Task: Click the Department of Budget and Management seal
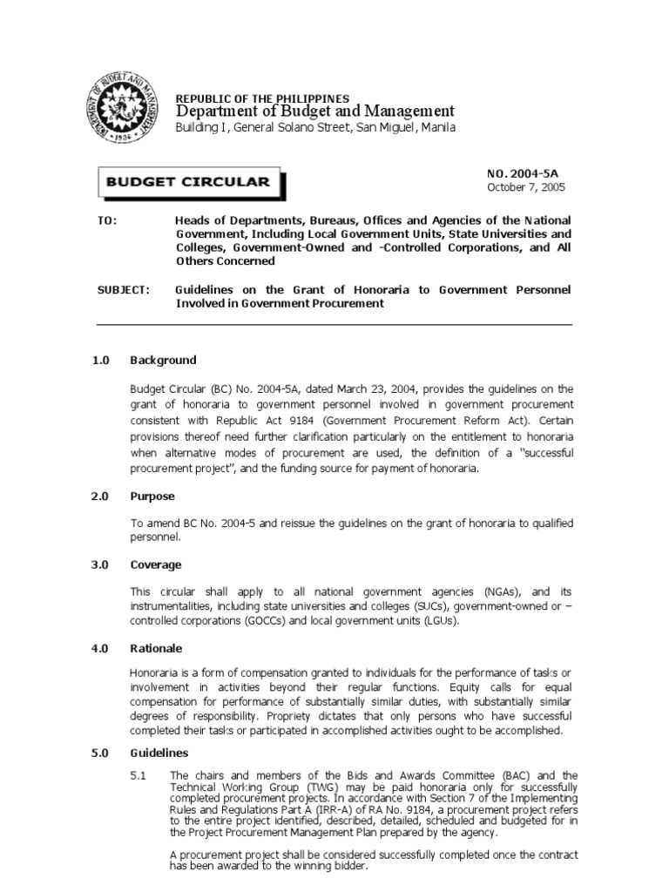tap(125, 113)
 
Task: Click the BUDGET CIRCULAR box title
tap(189, 182)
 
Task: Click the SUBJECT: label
tap(122, 289)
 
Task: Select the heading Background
tap(163, 360)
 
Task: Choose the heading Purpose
tap(152, 496)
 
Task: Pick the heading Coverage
tap(156, 564)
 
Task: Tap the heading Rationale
tap(156, 648)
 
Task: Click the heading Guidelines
tap(159, 753)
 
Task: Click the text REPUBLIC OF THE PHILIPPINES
tap(262, 98)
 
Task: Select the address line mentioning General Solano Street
tap(315, 128)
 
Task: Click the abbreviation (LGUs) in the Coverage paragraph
tap(440, 620)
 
